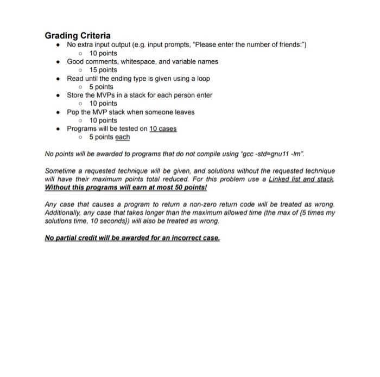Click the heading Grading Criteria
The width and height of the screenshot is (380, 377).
[x=78, y=35]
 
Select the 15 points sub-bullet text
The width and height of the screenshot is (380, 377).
[x=103, y=70]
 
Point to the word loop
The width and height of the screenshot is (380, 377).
[x=203, y=78]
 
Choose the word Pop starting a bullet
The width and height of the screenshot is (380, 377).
[x=73, y=112]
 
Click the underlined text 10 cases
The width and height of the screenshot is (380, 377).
[x=163, y=129]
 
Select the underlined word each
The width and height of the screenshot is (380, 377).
[x=122, y=137]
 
